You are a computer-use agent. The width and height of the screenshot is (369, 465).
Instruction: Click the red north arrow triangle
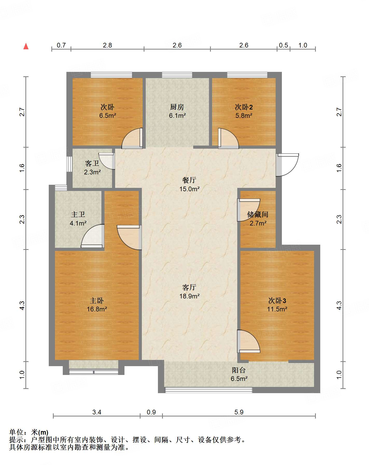click(x=26, y=46)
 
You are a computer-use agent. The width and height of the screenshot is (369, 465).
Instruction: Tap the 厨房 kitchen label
click(x=177, y=107)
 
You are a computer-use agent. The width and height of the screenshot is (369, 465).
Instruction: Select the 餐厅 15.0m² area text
click(x=190, y=189)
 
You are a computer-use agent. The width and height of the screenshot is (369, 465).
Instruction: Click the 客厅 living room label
click(x=189, y=287)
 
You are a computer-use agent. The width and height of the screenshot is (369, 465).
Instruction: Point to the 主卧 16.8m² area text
click(x=97, y=309)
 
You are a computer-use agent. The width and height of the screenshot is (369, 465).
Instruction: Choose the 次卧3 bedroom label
click(x=277, y=300)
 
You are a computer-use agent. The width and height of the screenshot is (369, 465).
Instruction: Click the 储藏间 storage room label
click(x=258, y=214)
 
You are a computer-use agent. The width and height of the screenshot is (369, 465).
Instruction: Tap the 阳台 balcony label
click(x=239, y=370)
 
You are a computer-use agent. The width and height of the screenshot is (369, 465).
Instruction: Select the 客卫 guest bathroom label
click(x=92, y=163)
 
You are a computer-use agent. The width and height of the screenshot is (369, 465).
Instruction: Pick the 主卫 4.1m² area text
click(x=78, y=223)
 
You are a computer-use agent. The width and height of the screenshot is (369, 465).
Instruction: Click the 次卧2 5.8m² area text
click(x=244, y=115)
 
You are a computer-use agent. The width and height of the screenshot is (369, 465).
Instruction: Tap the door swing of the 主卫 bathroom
click(x=92, y=236)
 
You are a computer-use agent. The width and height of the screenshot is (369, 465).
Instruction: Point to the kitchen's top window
click(x=177, y=75)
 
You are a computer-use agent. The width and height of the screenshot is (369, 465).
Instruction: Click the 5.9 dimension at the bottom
click(x=239, y=412)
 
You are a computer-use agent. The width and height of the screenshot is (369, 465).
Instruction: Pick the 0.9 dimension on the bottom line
click(x=151, y=412)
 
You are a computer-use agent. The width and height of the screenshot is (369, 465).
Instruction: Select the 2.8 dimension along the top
click(x=107, y=45)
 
